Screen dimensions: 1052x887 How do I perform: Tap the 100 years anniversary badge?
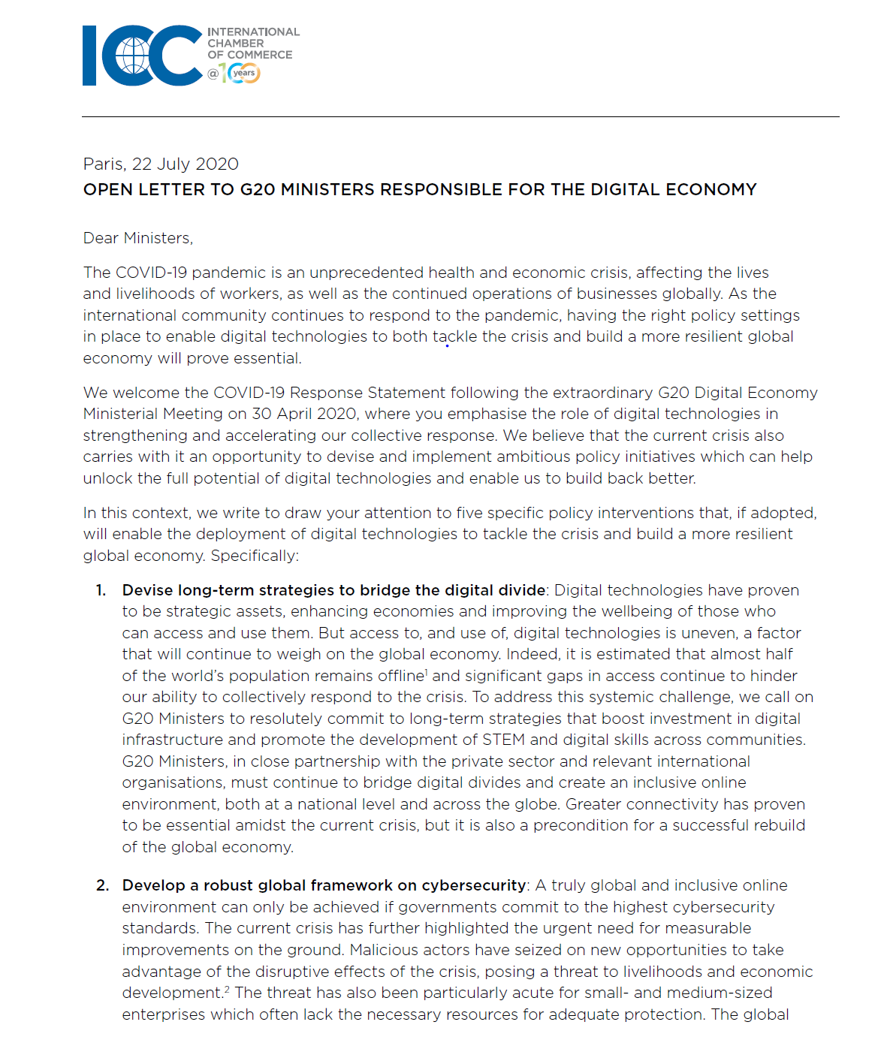coord(240,73)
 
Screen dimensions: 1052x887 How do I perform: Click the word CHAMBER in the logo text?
coord(236,44)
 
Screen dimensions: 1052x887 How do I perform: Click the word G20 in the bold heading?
coord(258,190)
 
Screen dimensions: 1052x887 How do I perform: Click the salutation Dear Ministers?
coord(138,238)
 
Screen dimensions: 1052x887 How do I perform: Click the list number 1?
coord(101,590)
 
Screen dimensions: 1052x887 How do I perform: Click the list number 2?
coord(102,885)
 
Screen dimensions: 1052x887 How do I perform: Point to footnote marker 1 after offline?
coord(427,671)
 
